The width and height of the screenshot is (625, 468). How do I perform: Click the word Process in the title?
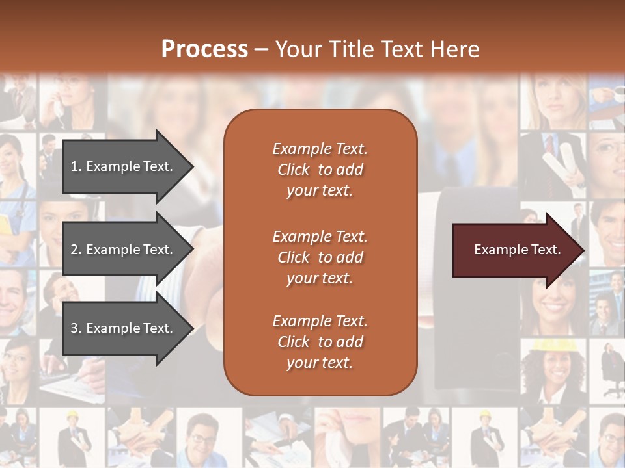click(x=204, y=49)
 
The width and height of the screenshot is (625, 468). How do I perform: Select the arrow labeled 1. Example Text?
click(x=124, y=166)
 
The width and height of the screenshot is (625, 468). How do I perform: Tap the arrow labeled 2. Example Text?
click(x=124, y=250)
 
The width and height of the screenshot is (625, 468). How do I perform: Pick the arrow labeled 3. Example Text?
click(x=124, y=328)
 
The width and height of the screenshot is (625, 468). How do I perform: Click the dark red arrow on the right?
click(x=514, y=250)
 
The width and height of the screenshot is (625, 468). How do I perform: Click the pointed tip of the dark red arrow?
click(x=581, y=250)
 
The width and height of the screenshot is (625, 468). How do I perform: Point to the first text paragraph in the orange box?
click(x=320, y=170)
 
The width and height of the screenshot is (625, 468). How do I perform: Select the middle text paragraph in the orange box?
click(x=320, y=257)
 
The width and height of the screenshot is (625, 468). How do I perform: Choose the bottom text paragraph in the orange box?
click(x=320, y=342)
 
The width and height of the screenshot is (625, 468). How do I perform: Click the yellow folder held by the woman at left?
click(x=5, y=224)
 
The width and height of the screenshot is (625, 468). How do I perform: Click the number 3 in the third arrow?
click(x=74, y=328)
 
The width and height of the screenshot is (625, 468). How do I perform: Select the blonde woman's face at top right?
click(x=552, y=97)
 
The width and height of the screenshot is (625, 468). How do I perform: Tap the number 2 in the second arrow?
click(x=74, y=250)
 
